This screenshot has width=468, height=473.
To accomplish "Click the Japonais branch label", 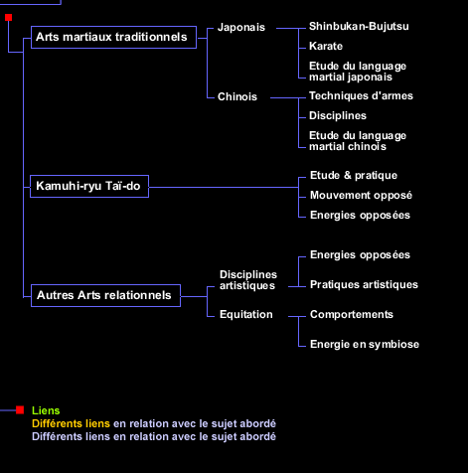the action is tap(241, 28).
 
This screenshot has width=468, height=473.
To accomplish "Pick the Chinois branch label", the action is tap(237, 96).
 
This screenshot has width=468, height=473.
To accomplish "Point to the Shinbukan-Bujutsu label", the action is tap(359, 27).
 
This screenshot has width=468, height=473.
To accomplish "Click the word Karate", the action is tap(326, 46).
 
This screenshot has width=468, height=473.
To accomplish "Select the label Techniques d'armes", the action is tap(361, 96).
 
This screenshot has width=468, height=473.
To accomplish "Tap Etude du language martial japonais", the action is tap(358, 72).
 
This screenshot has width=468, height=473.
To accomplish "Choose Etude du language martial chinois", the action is tap(358, 141).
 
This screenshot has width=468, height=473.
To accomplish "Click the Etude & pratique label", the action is tap(354, 176).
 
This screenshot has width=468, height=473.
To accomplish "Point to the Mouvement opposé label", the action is tap(361, 196).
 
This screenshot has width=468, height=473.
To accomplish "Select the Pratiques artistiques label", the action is tap(364, 285).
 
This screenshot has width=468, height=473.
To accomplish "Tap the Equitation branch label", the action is tap(246, 315).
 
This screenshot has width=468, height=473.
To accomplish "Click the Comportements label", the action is tap(352, 315).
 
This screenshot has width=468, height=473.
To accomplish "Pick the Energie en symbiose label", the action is tap(365, 345).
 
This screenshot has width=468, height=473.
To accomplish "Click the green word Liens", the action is tap(46, 410).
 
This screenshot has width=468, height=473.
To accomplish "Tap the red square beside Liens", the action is tap(20, 410).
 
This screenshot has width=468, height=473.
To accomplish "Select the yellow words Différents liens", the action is tap(71, 423).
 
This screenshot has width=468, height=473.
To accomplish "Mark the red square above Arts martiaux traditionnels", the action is tap(9, 17).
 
